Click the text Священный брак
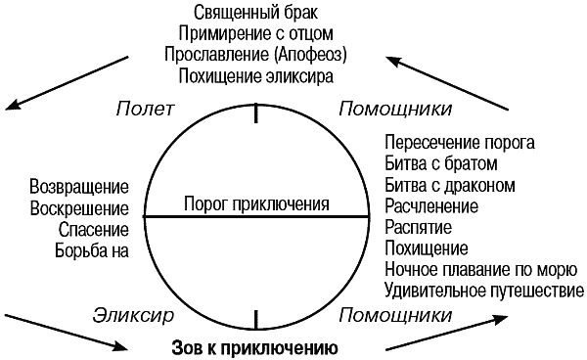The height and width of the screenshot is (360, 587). point(256,13)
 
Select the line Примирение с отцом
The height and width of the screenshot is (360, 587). point(256,33)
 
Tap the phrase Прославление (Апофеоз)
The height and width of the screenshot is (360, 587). point(256,54)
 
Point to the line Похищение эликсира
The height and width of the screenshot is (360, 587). point(256,74)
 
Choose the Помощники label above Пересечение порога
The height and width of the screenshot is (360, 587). point(394,107)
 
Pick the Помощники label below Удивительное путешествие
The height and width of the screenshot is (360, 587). point(394,315)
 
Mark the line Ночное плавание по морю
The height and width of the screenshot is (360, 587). point(470,268)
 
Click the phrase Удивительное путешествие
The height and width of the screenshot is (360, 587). point(484,290)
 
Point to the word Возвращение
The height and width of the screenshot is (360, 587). point(79,186)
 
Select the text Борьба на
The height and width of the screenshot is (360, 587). point(93,249)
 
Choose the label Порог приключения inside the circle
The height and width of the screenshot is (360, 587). point(256,204)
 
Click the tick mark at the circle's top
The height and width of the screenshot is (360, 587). point(256,114)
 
